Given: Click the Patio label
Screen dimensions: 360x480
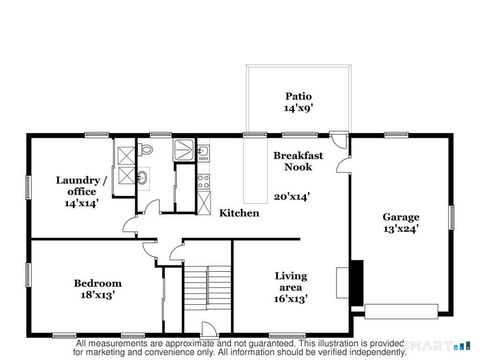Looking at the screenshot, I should [x=298, y=96].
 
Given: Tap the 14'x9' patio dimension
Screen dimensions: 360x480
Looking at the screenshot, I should [x=298, y=108].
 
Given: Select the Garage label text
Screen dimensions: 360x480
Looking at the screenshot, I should [x=401, y=217].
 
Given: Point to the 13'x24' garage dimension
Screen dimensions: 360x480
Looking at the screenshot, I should [x=401, y=229].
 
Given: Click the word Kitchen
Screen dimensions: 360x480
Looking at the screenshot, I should [x=239, y=213].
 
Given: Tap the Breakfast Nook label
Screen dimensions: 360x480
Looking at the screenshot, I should [x=298, y=162].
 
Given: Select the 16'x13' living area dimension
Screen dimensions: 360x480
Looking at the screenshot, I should [x=291, y=298].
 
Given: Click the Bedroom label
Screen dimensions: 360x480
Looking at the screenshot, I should [x=98, y=283].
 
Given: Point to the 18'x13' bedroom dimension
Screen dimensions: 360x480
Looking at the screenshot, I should [x=98, y=296].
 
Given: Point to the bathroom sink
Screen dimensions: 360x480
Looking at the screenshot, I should [x=142, y=178].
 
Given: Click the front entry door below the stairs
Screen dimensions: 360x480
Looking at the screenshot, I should [x=207, y=331].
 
